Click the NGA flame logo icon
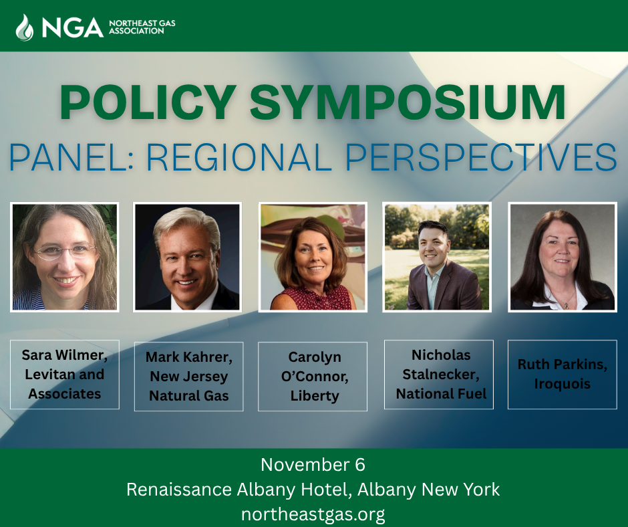25,27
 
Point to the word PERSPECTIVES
480,158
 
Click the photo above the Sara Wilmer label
65,257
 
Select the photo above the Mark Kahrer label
188,257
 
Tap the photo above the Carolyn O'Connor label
313,257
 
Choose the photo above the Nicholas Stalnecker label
437,257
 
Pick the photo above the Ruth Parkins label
562,257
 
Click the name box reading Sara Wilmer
65,374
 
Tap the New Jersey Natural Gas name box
188,377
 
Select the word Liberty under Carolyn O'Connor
315,396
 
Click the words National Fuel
442,394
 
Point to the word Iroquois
563,385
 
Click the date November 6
313,465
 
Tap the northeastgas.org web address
313,514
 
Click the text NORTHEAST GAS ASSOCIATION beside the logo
142,27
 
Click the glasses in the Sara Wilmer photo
65,252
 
